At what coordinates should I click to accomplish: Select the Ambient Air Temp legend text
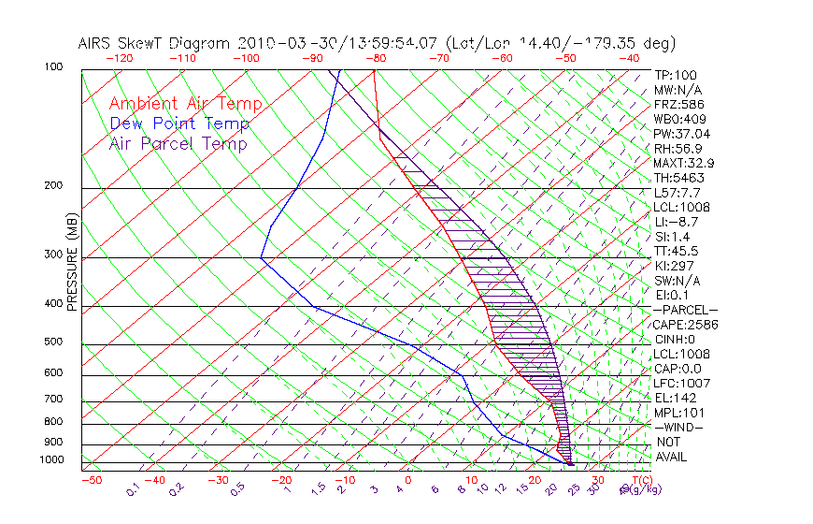185,104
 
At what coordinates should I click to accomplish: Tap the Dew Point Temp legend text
179,124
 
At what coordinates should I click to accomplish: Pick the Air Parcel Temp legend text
178,143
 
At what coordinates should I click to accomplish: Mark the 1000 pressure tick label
52,459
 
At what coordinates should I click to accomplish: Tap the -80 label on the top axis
377,58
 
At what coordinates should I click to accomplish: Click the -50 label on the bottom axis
91,480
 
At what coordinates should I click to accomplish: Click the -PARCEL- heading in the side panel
685,310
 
